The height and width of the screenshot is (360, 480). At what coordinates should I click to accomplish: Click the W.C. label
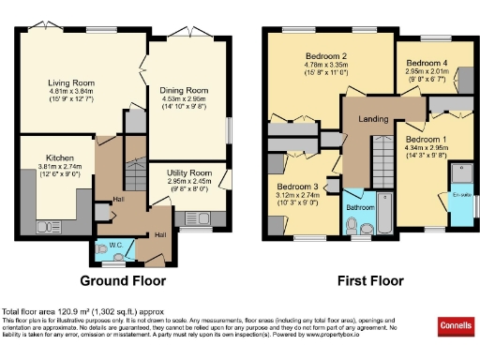point(115,247)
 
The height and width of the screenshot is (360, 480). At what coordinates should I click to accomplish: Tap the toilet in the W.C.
point(101,250)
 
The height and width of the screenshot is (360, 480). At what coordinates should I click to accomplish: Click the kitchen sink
point(46,227)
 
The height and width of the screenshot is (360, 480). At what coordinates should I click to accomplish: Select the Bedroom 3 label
point(295,186)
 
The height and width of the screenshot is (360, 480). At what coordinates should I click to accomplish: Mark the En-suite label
point(461,195)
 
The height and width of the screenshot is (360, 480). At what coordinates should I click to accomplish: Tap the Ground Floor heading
point(122,280)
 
